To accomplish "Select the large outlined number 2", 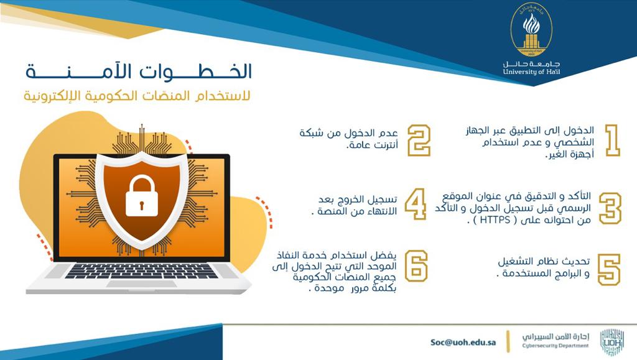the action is tap(419, 140).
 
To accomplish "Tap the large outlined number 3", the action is tap(610, 208).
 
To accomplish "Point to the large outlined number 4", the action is tap(416, 204).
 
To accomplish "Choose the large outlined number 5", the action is tap(609, 269).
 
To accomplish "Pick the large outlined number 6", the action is tap(416, 266).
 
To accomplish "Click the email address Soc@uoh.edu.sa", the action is tap(463, 342).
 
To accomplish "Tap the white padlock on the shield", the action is tap(141, 196).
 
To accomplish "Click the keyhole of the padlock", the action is tap(141, 205).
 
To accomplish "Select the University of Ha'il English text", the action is tap(531, 72).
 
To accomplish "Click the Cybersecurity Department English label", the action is tap(556, 346).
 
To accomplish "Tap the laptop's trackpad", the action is tap(141, 284).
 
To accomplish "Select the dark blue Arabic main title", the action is tap(139, 71).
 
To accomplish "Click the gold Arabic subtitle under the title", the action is tap(137, 96).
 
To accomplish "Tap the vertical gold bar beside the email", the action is tap(508, 342).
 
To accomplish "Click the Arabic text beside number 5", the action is tap(543, 267).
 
